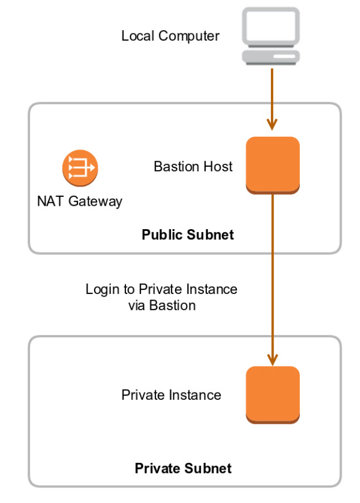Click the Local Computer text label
click(171, 36)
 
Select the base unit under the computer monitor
click(271, 56)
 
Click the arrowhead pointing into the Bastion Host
click(272, 124)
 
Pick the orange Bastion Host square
click(273, 164)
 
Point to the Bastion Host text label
click(193, 166)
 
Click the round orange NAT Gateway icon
click(79, 167)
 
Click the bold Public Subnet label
click(188, 234)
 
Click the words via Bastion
click(162, 305)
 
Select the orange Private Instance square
click(273, 394)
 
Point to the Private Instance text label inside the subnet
click(171, 395)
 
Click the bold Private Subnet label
click(183, 468)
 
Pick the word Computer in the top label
click(189, 36)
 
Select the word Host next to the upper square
click(218, 166)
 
